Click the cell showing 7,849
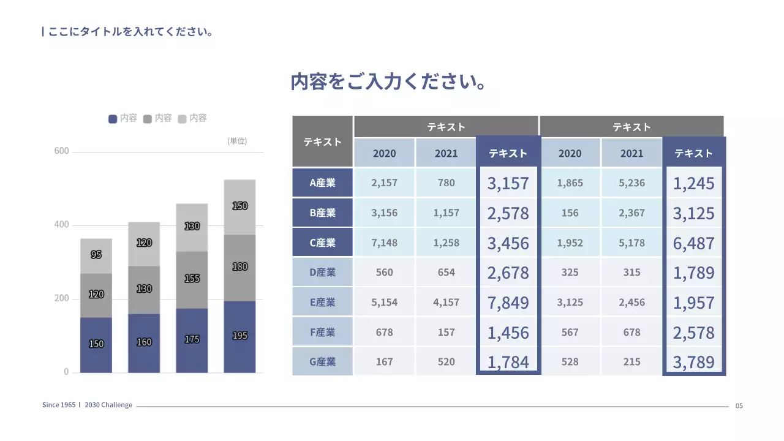pos(508,303)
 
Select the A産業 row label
pos(322,183)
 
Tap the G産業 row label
pos(322,362)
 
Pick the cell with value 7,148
pos(384,243)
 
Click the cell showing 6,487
pos(693,243)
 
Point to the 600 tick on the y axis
pos(61,151)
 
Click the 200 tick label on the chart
pos(61,299)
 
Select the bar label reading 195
pos(239,336)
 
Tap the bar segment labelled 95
pos(96,255)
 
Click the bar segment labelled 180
pos(239,267)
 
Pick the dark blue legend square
pos(113,119)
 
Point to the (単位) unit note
pos(237,141)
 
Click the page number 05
pos(739,405)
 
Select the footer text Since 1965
pos(59,405)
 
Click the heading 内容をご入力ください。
pos(388,82)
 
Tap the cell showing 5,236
pos(631,183)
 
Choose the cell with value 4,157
pos(446,302)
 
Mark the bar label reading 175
pos(192,339)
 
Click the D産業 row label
pos(322,273)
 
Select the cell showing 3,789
pos(693,362)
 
